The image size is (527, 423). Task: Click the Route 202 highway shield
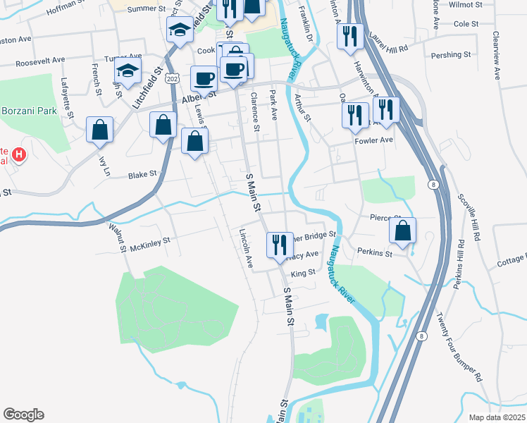pyautogui.click(x=173, y=80)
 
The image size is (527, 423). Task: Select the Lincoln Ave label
pyautogui.click(x=245, y=247)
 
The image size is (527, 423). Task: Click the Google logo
pyautogui.click(x=23, y=415)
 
